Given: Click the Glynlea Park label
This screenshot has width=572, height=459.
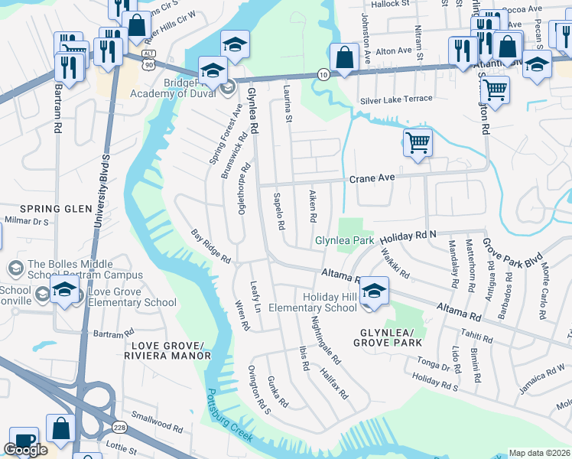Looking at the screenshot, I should [344, 241].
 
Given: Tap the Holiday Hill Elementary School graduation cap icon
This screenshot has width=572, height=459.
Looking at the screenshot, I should [373, 291].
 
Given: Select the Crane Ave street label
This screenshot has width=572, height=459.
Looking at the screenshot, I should [372, 177].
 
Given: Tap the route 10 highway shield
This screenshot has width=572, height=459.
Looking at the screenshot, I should [323, 73].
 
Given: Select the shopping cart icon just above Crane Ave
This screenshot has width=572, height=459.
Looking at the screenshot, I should [418, 142].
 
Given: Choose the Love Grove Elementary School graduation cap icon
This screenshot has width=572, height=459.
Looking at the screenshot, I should [66, 291].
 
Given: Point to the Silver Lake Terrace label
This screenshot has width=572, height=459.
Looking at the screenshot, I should [396, 99].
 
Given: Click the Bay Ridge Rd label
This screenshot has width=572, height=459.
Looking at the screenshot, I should [210, 246].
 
